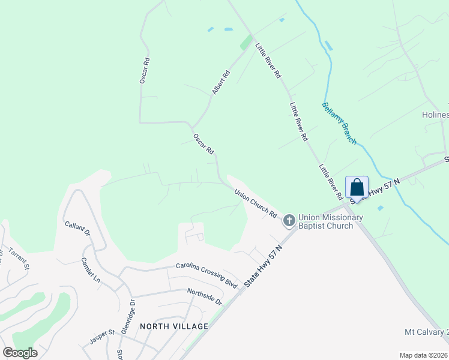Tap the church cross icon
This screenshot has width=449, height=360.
point(289,221)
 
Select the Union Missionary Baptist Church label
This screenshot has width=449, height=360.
point(331,221)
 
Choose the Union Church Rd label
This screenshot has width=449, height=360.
point(256,204)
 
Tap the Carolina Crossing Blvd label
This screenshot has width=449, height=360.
point(207,274)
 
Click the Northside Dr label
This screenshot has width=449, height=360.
point(204,296)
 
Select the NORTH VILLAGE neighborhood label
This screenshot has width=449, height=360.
point(173,326)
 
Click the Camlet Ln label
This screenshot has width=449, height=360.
point(91,270)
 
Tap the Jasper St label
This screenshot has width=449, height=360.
point(102,332)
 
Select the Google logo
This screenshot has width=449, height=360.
point(20,353)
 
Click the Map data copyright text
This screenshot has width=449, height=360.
point(423,355)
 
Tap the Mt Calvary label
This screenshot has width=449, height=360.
point(426,332)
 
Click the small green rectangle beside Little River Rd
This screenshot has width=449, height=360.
point(246,43)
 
